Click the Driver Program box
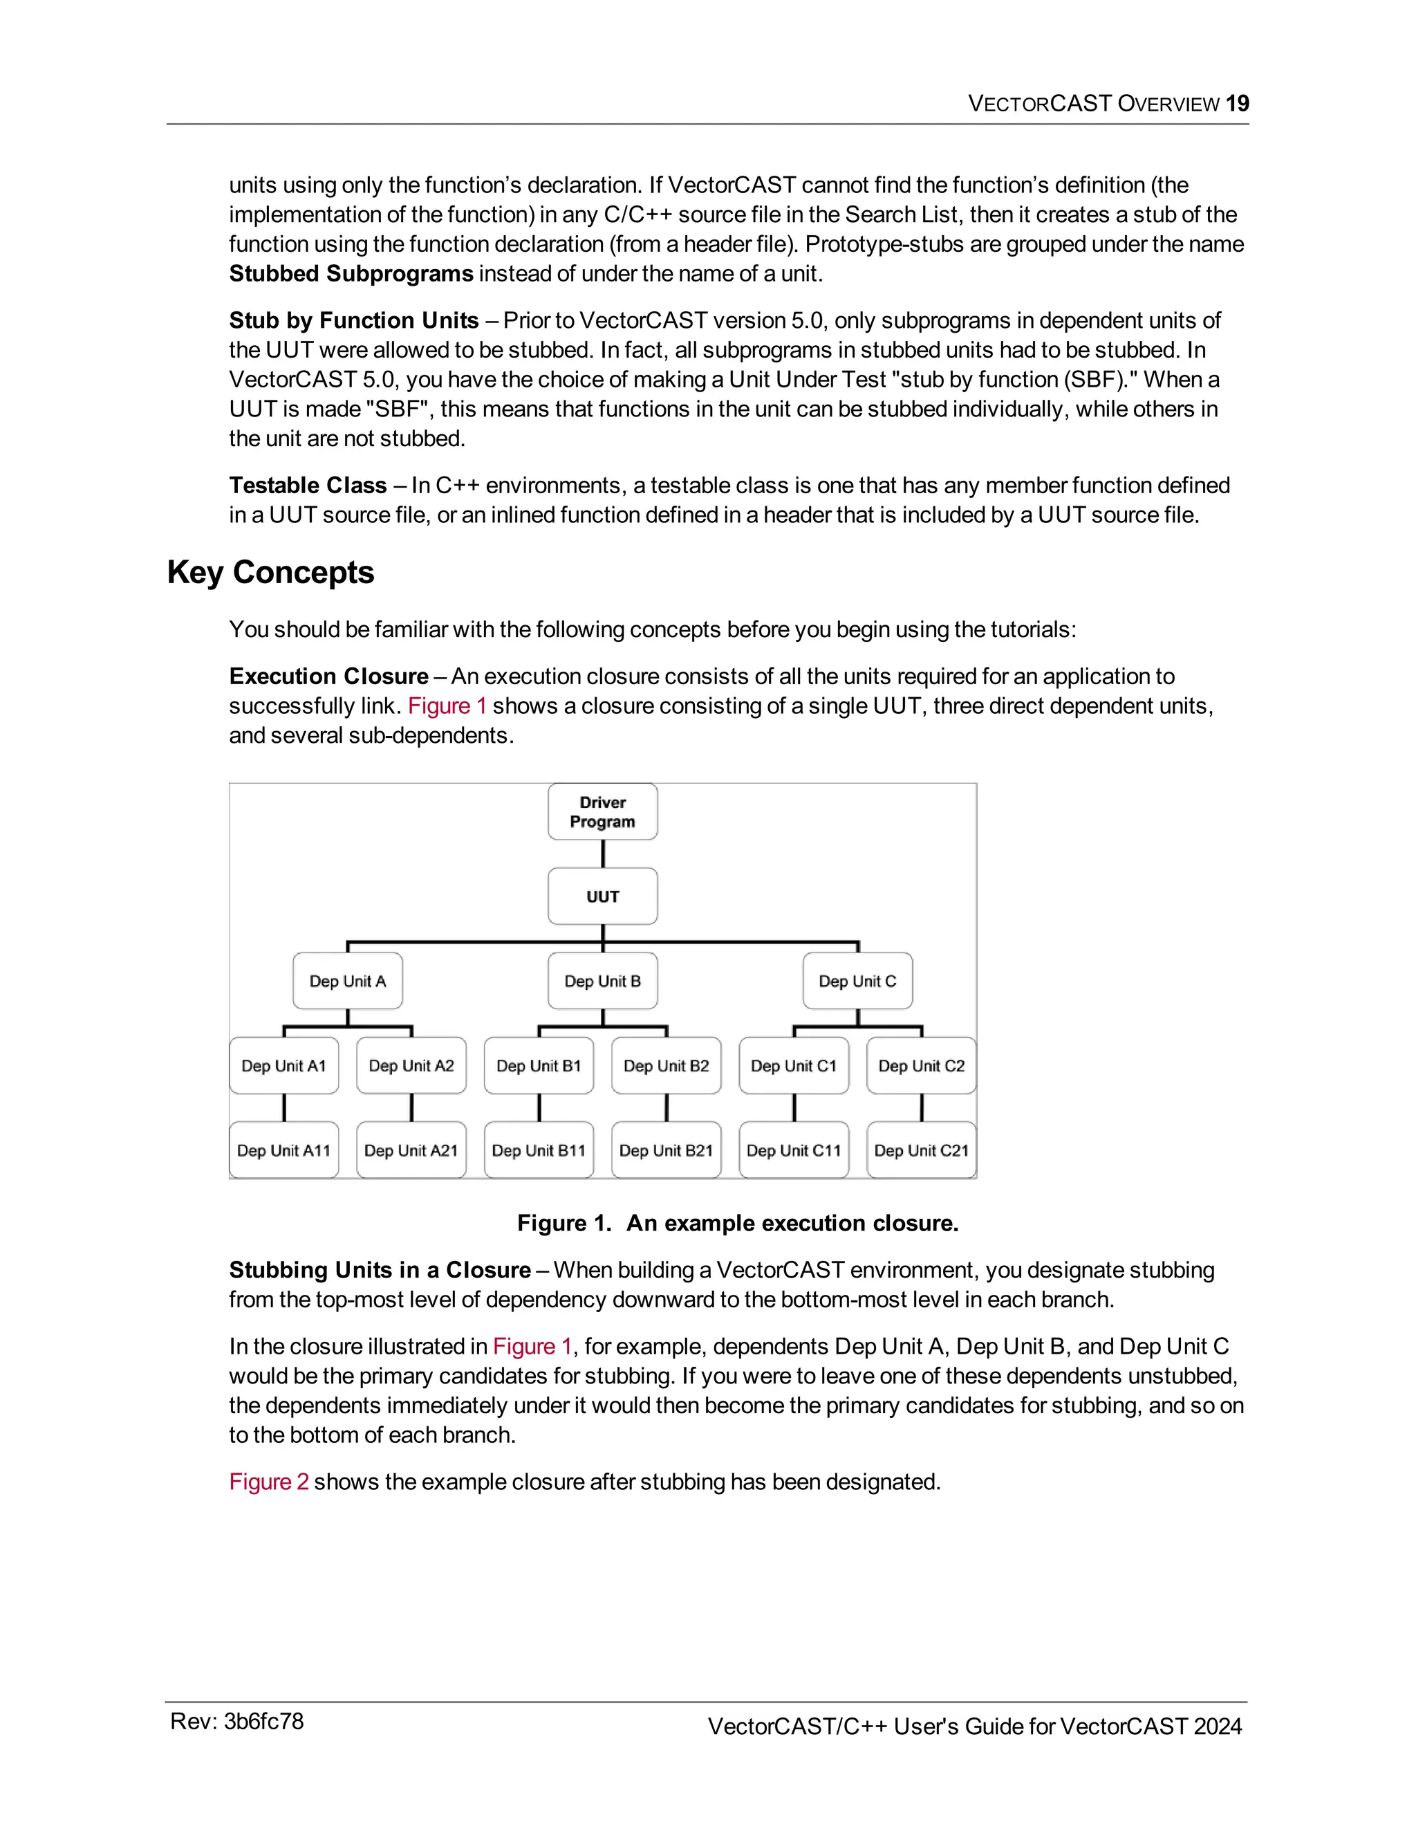coord(602,811)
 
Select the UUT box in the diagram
coord(602,896)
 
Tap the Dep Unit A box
coord(347,981)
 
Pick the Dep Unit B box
coord(602,981)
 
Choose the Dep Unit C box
coord(857,981)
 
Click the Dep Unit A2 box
coord(411,1066)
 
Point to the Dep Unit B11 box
coord(539,1151)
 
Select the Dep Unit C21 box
coord(921,1151)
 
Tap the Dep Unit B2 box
coord(666,1066)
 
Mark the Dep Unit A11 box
coord(283,1151)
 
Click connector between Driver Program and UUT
coord(602,854)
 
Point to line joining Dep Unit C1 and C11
coord(794,1108)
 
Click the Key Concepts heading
coord(270,573)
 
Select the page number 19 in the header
coord(1238,104)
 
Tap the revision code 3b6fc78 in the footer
coord(263,1722)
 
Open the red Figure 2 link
coord(268,1482)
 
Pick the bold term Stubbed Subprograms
coord(351,275)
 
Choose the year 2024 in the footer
coord(1217,1726)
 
